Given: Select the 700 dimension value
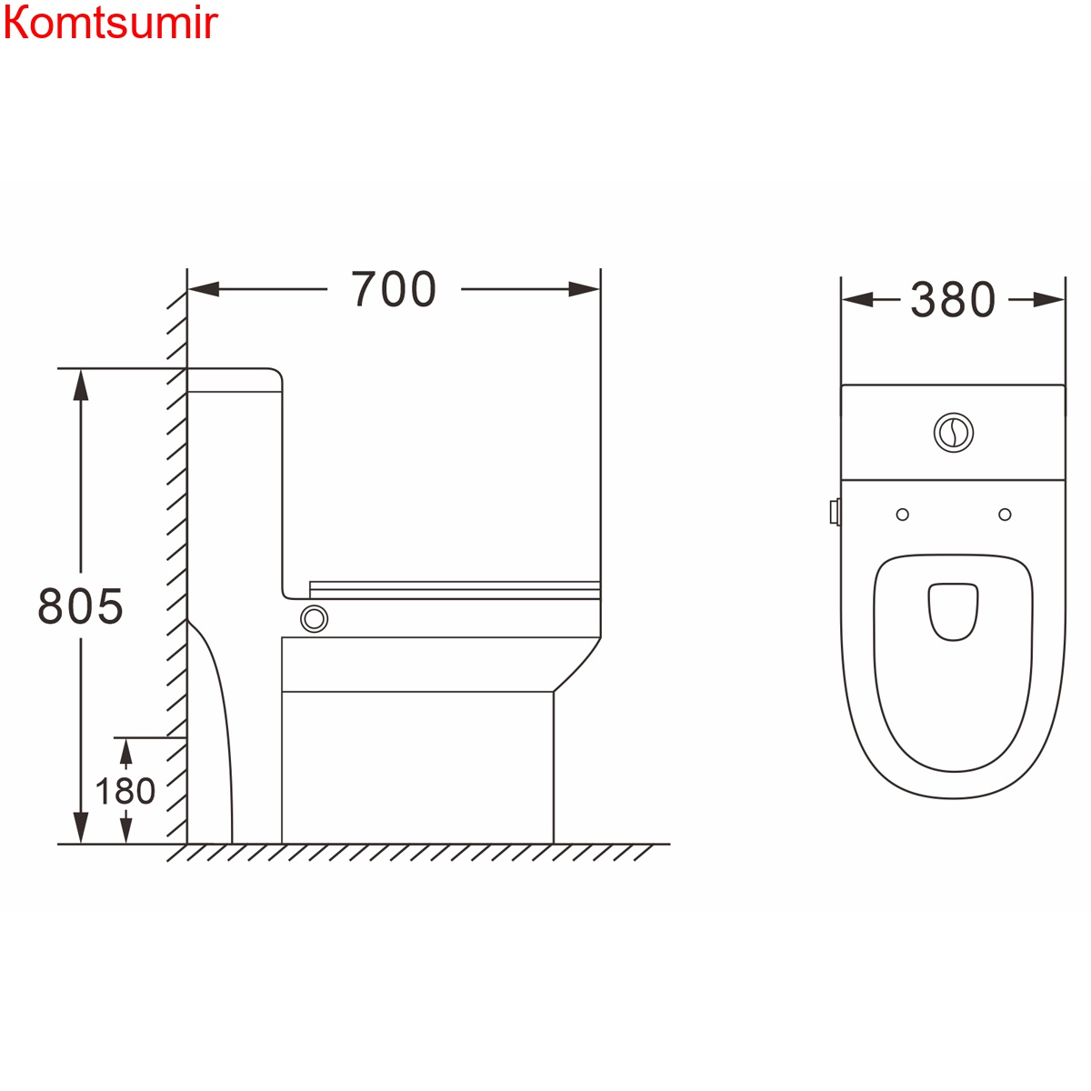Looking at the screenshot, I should pos(394,290).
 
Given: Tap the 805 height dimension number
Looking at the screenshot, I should pos(80,606).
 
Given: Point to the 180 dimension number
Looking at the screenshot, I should pos(125,791).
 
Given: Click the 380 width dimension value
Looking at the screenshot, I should pos(953,300).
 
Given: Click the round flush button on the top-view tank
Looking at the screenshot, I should pos(953,432).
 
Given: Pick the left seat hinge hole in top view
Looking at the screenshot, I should pos(902,515).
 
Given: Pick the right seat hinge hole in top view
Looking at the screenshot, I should pos(1005,515).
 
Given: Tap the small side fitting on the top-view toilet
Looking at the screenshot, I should pos(835,512).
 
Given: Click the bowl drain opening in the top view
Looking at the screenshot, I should pos(953,611).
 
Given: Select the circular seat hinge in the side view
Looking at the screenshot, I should pos(315,619).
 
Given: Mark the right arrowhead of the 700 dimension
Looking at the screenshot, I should pos(584,290).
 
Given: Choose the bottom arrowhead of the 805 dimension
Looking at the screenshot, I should pos(81,827).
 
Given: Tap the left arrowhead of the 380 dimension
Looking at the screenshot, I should pos(856,300).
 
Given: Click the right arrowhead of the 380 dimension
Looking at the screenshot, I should pos(1049,300).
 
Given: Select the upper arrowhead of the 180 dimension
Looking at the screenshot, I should pos(125,751).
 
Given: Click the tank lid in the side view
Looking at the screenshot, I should pos(235,380).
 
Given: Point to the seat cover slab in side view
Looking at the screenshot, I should pos(455,590).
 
